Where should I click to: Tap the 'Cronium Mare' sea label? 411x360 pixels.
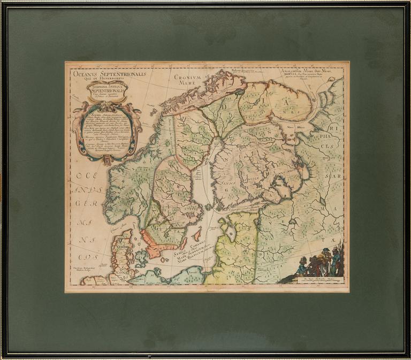(x=186, y=80)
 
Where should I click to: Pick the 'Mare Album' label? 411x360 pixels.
(x=293, y=128)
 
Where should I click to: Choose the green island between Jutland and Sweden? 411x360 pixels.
(x=141, y=259)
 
